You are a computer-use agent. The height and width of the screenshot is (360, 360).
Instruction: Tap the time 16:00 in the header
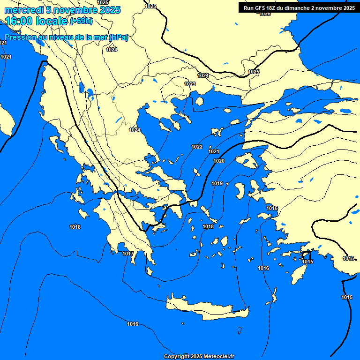[19, 21]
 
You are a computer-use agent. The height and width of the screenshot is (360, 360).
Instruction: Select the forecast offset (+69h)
[81, 21]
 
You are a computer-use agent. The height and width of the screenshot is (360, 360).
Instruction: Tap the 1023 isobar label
[190, 84]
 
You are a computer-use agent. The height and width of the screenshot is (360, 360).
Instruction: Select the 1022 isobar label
[197, 147]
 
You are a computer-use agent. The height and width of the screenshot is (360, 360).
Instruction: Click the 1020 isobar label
[219, 161]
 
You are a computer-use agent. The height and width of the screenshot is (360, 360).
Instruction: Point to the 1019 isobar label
[217, 183]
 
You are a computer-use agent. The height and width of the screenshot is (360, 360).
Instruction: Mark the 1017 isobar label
[128, 254]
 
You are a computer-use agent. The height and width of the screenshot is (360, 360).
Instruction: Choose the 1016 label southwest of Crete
[133, 324]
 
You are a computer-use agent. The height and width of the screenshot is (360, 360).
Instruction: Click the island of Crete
[206, 309]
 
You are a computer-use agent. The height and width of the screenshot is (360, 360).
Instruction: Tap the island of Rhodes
[298, 272]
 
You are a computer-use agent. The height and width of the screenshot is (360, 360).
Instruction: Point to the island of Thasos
[199, 101]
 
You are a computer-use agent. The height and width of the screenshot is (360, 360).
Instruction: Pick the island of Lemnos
[217, 132]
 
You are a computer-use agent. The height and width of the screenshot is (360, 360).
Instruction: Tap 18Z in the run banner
[276, 8]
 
